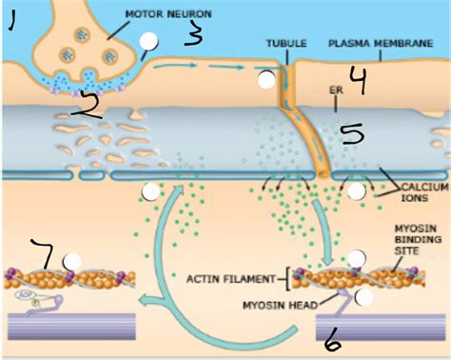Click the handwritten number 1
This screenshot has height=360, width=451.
[12, 19]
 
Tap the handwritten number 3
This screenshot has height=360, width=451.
[193, 35]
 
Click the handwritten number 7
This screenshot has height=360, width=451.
[42, 254]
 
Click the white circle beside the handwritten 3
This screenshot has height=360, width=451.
[148, 41]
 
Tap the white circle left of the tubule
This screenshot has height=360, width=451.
[268, 81]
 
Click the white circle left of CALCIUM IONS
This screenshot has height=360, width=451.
[356, 191]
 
